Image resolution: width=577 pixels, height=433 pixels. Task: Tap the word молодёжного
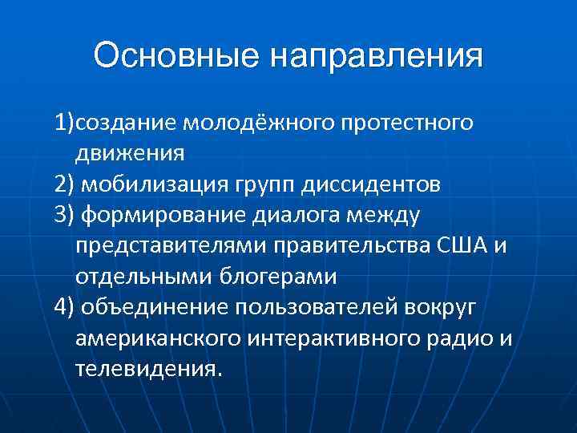[x=262, y=126]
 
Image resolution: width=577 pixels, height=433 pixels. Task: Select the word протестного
[x=410, y=126]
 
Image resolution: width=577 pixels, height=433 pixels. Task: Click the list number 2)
[x=65, y=186]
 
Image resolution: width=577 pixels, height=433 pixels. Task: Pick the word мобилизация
[x=151, y=186]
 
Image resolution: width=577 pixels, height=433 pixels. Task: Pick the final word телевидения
[x=146, y=368]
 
